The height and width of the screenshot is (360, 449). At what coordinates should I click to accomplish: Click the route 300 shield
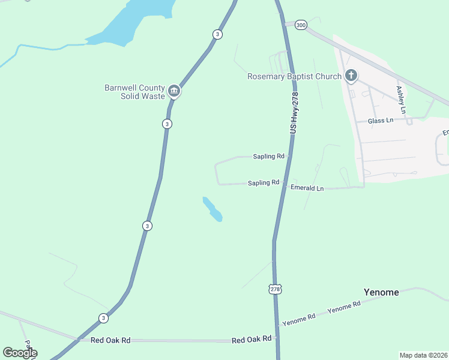[301, 25]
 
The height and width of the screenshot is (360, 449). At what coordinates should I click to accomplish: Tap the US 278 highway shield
[275, 289]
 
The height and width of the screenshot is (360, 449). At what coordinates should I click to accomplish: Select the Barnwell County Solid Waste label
[134, 92]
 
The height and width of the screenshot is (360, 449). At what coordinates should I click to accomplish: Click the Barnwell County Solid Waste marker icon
[175, 91]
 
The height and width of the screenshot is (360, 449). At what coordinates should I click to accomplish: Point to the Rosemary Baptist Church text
[294, 76]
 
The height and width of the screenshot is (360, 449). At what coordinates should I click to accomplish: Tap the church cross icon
[351, 76]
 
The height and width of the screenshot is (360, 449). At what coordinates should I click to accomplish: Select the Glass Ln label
[381, 121]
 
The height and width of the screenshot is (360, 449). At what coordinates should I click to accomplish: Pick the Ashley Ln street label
[401, 100]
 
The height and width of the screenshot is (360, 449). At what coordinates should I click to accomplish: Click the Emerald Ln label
[307, 188]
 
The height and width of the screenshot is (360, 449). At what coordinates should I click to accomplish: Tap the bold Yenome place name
[381, 292]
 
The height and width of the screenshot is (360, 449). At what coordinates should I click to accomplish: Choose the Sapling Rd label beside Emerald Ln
[264, 182]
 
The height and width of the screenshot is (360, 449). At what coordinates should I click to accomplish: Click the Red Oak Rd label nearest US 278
[252, 340]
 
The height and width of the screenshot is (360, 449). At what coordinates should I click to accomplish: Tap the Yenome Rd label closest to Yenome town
[344, 307]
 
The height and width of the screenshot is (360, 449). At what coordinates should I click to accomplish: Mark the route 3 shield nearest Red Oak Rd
[104, 318]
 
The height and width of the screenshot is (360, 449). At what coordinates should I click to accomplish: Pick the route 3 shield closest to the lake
[217, 34]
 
